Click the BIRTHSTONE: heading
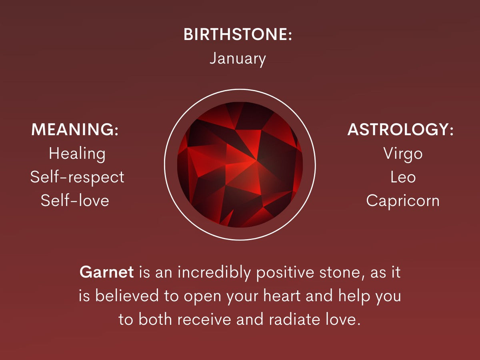pyautogui.click(x=238, y=35)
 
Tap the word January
pyautogui.click(x=238, y=59)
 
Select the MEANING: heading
pyautogui.click(x=75, y=130)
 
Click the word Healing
pyautogui.click(x=77, y=154)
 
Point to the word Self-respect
pyautogui.click(x=77, y=177)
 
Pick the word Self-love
pyautogui.click(x=75, y=200)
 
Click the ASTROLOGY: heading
pyautogui.click(x=400, y=130)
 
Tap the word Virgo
pyautogui.click(x=403, y=154)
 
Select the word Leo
pyautogui.click(x=403, y=177)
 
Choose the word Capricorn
pyautogui.click(x=403, y=200)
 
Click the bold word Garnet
pyautogui.click(x=106, y=273)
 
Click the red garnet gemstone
pyautogui.click(x=240, y=164)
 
